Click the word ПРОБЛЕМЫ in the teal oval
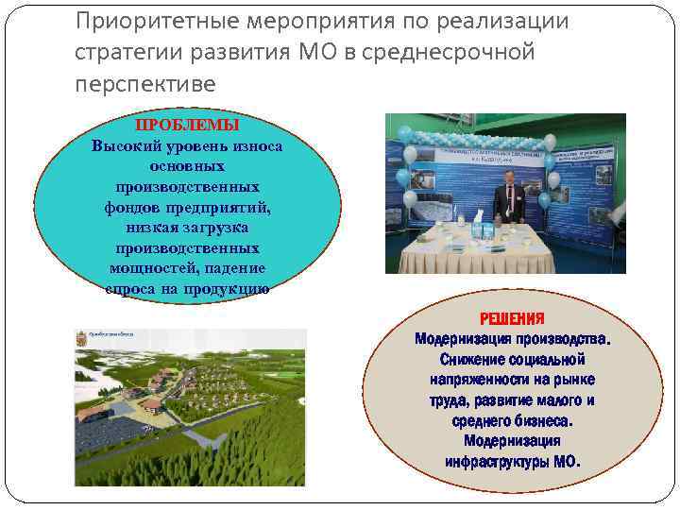point(186,126)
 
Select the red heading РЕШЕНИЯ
point(513,319)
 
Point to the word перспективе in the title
point(145,84)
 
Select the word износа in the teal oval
point(254,145)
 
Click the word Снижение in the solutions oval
point(477,360)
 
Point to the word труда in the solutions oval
point(448,400)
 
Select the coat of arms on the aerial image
point(80,336)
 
